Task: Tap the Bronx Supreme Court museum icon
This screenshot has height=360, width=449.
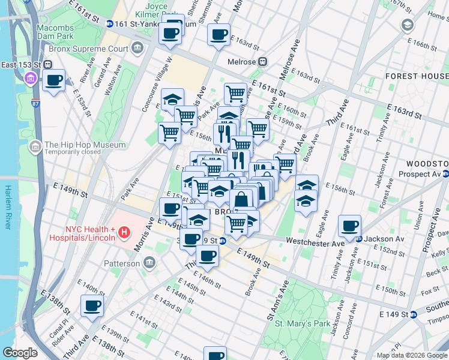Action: click(x=139, y=47)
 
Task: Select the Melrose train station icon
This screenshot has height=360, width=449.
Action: click(x=263, y=61)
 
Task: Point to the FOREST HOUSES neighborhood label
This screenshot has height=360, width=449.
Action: click(x=417, y=76)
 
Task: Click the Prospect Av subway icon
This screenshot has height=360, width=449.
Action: click(x=445, y=175)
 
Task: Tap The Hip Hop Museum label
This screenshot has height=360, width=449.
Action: click(x=85, y=145)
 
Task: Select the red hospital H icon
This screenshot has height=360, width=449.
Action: click(x=124, y=232)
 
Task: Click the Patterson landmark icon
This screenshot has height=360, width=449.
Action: click(x=150, y=262)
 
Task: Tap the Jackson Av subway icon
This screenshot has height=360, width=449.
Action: click(x=359, y=239)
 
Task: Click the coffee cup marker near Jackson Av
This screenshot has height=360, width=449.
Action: click(x=349, y=226)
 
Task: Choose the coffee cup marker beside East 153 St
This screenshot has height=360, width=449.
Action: click(x=53, y=80)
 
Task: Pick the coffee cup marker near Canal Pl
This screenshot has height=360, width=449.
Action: click(x=92, y=307)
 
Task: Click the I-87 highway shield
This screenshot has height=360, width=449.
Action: click(x=36, y=103)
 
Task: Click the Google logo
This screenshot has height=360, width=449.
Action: click(x=20, y=353)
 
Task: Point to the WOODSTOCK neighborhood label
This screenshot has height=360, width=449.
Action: click(x=427, y=163)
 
